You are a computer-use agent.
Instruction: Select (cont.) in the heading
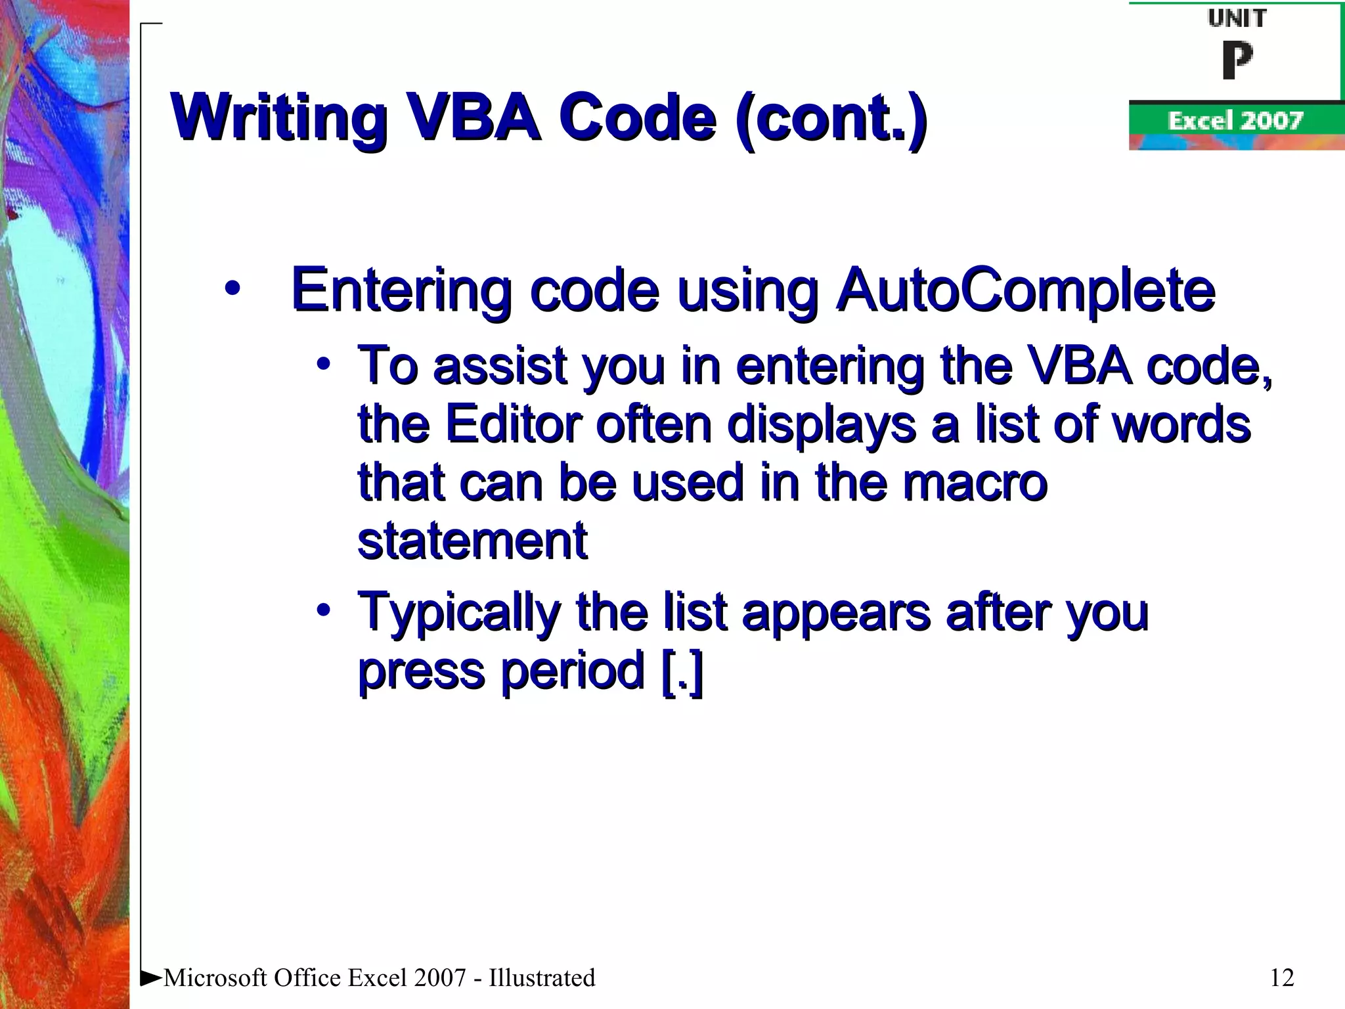(x=831, y=118)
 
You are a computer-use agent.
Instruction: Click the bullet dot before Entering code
(x=232, y=288)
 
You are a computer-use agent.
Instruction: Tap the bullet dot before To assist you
(x=322, y=363)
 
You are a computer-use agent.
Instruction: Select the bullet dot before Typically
(x=322, y=610)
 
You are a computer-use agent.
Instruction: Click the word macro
(x=975, y=483)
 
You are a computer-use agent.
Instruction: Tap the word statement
(x=472, y=541)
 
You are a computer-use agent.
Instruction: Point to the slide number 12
(x=1282, y=978)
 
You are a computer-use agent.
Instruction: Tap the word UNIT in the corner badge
(x=1237, y=18)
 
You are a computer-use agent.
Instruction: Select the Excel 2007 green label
(x=1235, y=121)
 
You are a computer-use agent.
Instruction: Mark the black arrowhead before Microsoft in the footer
(x=151, y=977)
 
